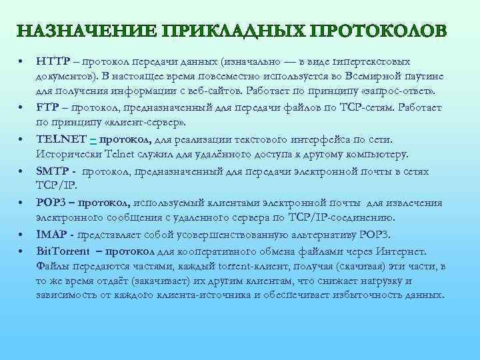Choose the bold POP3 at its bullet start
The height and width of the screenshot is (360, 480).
tap(51, 203)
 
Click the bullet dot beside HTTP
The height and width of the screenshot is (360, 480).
tap(23, 61)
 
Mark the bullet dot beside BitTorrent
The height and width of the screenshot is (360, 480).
tap(23, 251)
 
